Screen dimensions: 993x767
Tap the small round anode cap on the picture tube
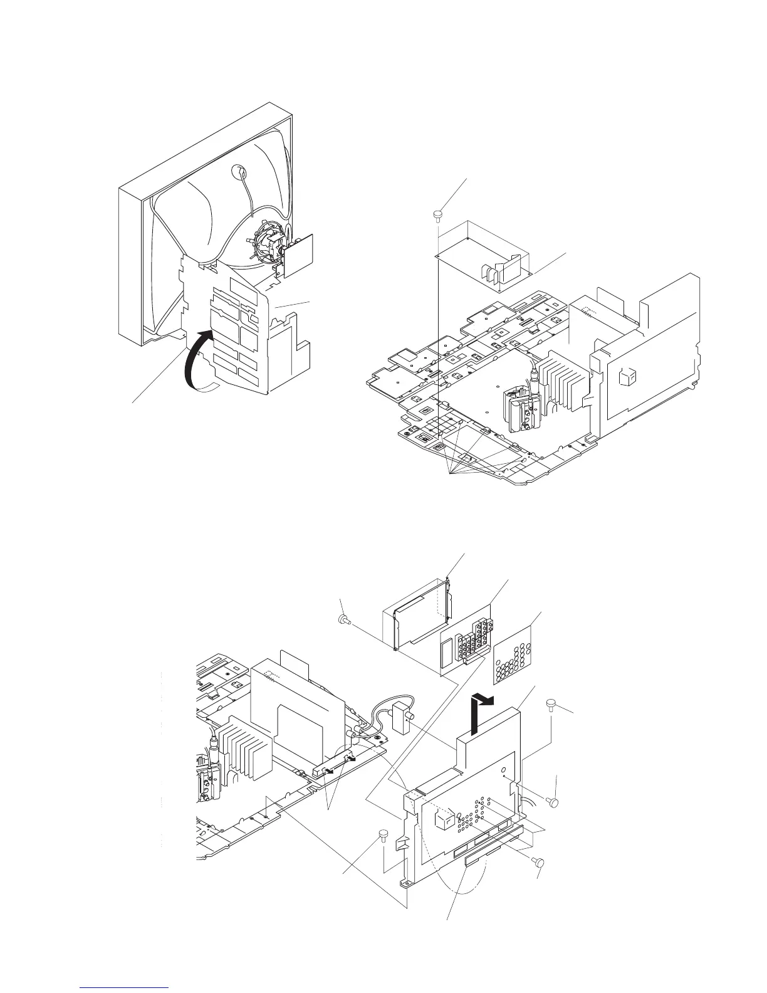[x=239, y=172]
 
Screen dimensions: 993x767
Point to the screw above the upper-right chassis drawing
[x=437, y=216]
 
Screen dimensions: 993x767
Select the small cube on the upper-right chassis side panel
[x=627, y=377]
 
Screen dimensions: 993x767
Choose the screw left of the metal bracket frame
[x=343, y=620]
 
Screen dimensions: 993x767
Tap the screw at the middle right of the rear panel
[x=552, y=801]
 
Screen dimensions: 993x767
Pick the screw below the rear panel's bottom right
[x=537, y=862]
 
